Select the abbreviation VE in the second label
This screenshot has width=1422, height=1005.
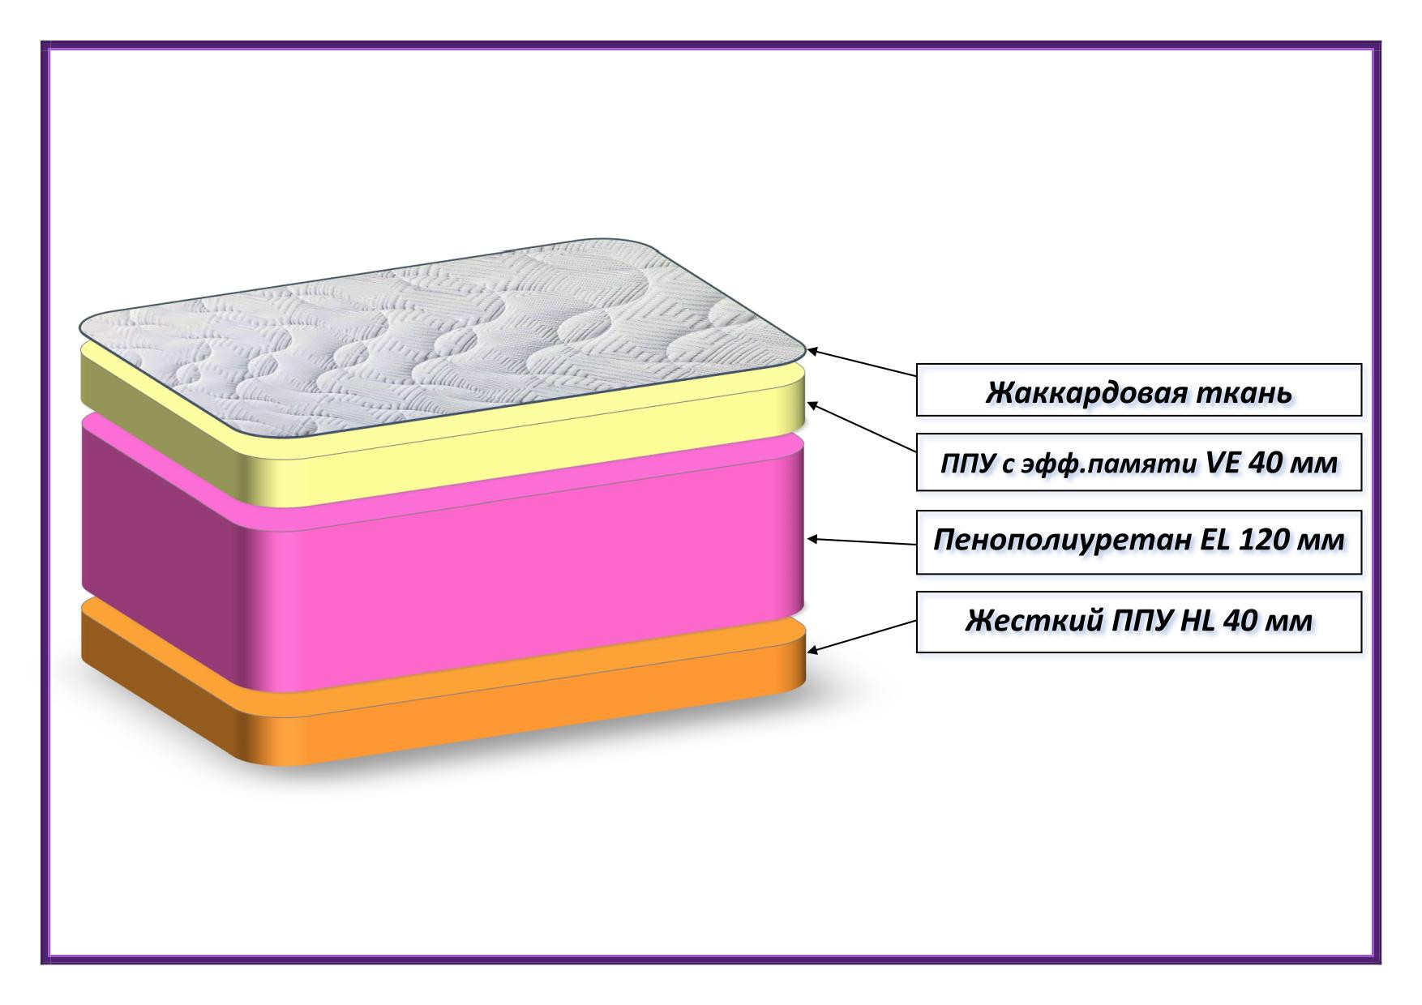click(x=1223, y=463)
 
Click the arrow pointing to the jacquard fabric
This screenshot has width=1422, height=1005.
click(x=862, y=363)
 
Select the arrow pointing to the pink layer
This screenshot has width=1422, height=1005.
click(x=862, y=541)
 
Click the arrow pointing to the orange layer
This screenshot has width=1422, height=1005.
click(x=862, y=636)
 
